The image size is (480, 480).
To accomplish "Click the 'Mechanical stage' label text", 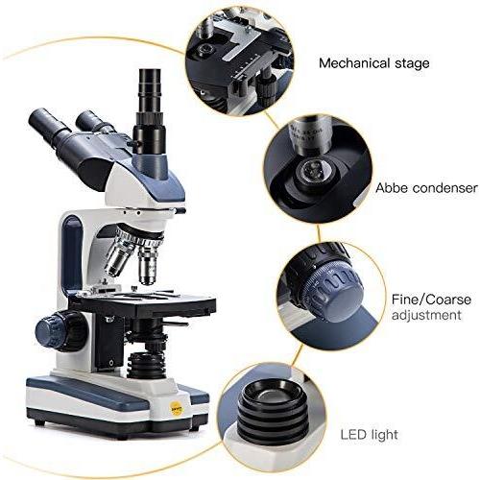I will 373,64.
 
